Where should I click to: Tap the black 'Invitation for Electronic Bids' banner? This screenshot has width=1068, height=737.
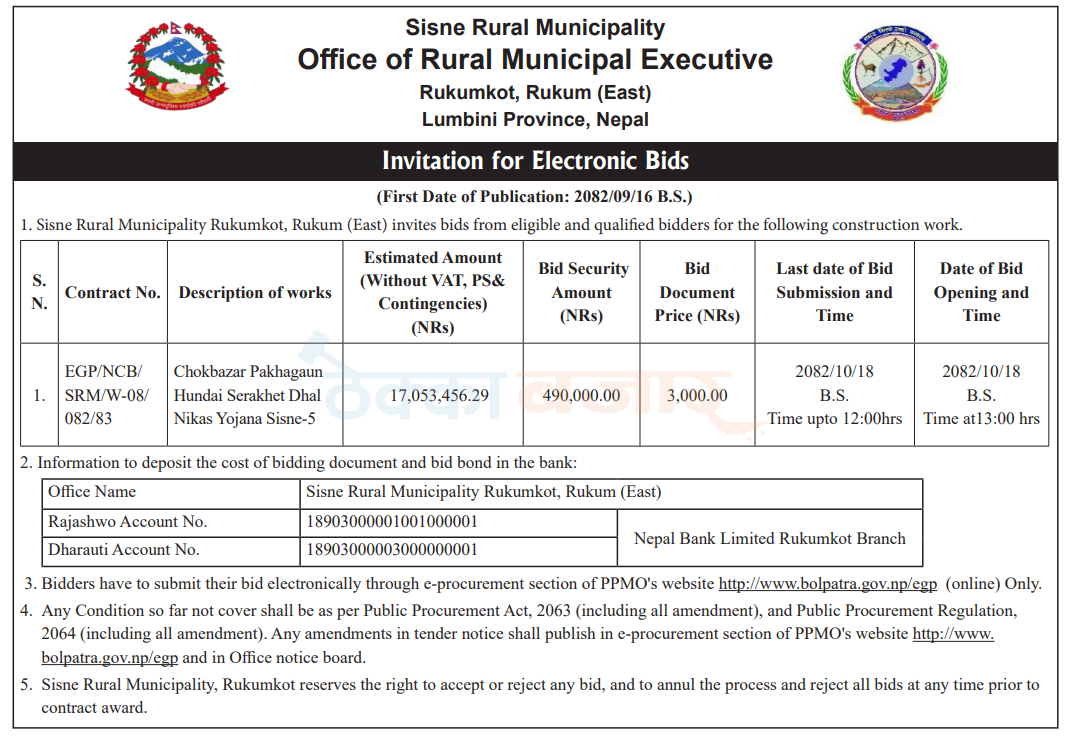[x=535, y=161]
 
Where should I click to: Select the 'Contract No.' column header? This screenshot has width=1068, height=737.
[x=113, y=293]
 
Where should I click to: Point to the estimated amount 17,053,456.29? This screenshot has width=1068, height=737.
[x=433, y=395]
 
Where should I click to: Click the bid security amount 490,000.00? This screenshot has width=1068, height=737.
[x=581, y=395]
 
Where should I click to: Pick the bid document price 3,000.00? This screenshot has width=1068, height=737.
[x=697, y=395]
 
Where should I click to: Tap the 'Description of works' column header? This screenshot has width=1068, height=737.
[x=255, y=293]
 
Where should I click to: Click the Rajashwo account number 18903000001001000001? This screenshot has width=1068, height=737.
[x=392, y=522]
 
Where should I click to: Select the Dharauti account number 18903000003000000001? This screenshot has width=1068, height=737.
[x=392, y=549]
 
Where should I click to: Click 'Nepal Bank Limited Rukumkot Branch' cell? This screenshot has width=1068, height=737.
[x=769, y=538]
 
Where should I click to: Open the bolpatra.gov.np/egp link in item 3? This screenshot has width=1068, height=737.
[x=829, y=584]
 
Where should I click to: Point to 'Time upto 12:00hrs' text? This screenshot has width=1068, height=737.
[x=834, y=419]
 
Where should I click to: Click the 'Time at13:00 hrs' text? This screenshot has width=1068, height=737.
[x=981, y=419]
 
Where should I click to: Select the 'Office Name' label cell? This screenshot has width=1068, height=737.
[x=92, y=492]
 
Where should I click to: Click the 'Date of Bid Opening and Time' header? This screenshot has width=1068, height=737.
[x=981, y=292]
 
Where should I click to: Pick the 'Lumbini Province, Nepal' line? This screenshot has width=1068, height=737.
[x=535, y=120]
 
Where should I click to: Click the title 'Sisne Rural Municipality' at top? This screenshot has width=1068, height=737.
[x=535, y=28]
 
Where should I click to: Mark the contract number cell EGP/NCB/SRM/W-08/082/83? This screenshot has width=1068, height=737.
[x=113, y=395]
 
